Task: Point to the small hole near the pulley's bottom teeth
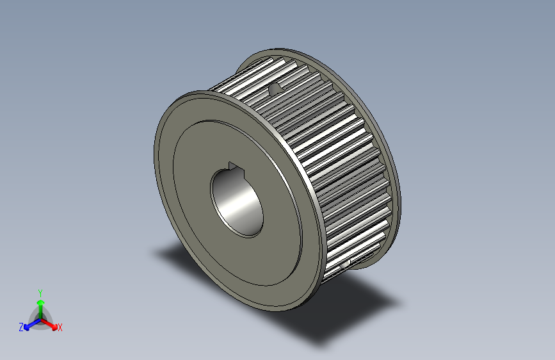346,263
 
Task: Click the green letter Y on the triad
40,291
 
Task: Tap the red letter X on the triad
60,327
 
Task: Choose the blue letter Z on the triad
21,327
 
